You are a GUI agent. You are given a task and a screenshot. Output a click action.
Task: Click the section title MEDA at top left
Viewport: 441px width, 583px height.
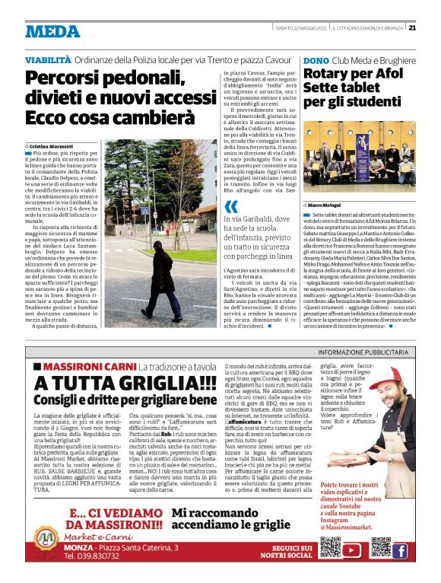(x=52, y=31)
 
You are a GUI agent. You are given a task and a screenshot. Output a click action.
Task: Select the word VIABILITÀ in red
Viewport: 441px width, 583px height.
(x=50, y=59)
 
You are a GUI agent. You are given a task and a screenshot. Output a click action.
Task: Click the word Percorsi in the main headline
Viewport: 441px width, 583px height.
(x=67, y=78)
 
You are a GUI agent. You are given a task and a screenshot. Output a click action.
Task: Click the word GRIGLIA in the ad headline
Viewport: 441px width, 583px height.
(x=161, y=384)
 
